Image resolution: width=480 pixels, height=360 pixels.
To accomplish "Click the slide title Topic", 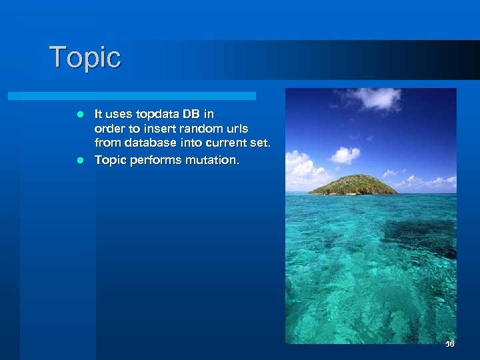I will click(x=85, y=57).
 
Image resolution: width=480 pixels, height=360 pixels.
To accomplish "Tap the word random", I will click(x=202, y=128).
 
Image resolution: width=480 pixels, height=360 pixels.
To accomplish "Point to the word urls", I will click(x=237, y=128).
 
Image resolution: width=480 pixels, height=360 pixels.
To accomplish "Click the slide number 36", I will click(x=449, y=344).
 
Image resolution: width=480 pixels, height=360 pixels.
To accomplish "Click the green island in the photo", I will click(x=353, y=185).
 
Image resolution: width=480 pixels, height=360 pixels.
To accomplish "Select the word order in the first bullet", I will click(x=108, y=128).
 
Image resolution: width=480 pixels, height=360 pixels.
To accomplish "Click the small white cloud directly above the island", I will click(x=345, y=155).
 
